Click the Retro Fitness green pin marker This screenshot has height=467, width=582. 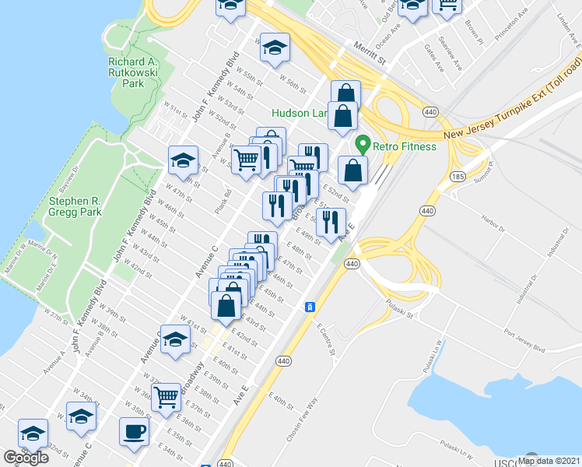[x=362, y=145]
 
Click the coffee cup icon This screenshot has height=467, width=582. [x=135, y=432]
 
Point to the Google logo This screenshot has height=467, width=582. [x=26, y=458]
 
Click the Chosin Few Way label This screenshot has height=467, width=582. [x=303, y=421]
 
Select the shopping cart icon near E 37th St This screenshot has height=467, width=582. [x=167, y=397]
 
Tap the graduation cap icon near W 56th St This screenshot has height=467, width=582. [x=275, y=48]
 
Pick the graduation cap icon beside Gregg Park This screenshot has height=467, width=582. [x=183, y=161]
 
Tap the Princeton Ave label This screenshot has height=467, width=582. [x=515, y=28]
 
